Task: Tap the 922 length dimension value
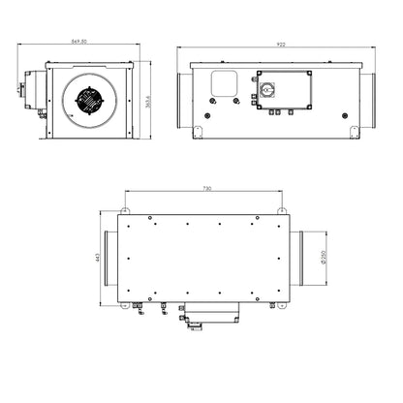pyautogui.click(x=279, y=44)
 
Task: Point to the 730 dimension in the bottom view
pyautogui.click(x=201, y=189)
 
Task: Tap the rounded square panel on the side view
pyautogui.click(x=225, y=84)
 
